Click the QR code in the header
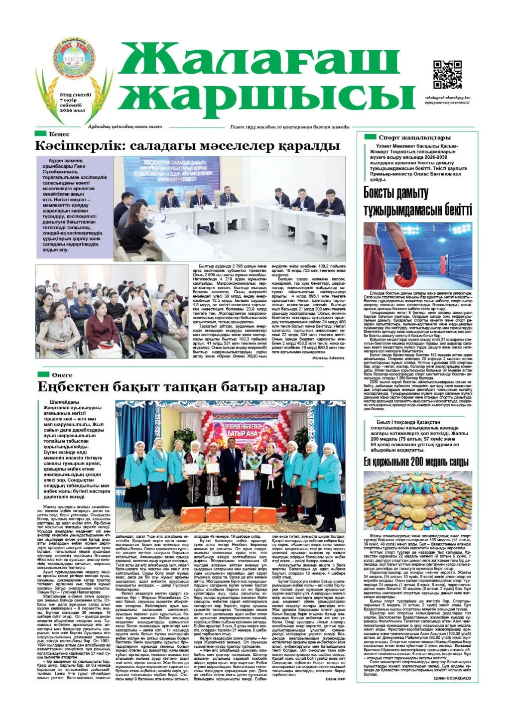[x=448, y=75]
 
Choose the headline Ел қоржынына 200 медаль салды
[x=416, y=462]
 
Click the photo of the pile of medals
[x=417, y=501]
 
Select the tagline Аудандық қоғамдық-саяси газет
[x=125, y=127]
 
